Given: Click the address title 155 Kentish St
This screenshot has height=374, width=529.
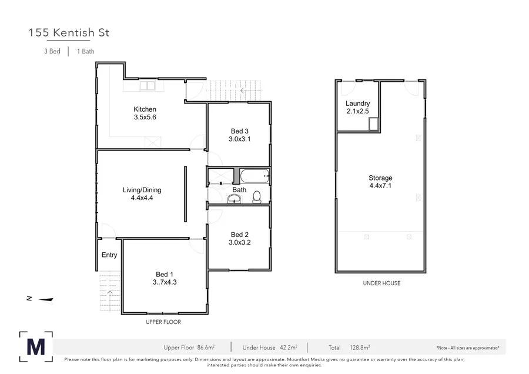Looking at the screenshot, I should click(69, 33).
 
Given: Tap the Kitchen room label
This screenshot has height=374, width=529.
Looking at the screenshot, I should click(145, 109).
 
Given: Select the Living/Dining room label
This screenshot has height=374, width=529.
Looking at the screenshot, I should click(142, 190).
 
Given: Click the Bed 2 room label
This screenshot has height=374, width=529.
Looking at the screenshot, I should click(240, 234).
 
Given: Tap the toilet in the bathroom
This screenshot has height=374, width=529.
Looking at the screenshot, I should click(257, 197).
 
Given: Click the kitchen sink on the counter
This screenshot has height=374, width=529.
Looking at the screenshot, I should click(147, 86).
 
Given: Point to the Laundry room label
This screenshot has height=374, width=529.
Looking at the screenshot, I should click(357, 104).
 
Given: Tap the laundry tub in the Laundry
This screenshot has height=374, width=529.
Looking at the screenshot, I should click(372, 123).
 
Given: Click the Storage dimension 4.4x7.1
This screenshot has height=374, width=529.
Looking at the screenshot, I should click(380, 186).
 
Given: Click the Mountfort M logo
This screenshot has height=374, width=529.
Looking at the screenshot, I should click(36, 346).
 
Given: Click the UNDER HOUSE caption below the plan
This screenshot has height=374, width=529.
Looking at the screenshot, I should click(381, 283).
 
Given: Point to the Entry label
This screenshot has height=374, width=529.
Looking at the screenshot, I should click(109, 255).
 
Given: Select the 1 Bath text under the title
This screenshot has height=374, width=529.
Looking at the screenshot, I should click(86, 51).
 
